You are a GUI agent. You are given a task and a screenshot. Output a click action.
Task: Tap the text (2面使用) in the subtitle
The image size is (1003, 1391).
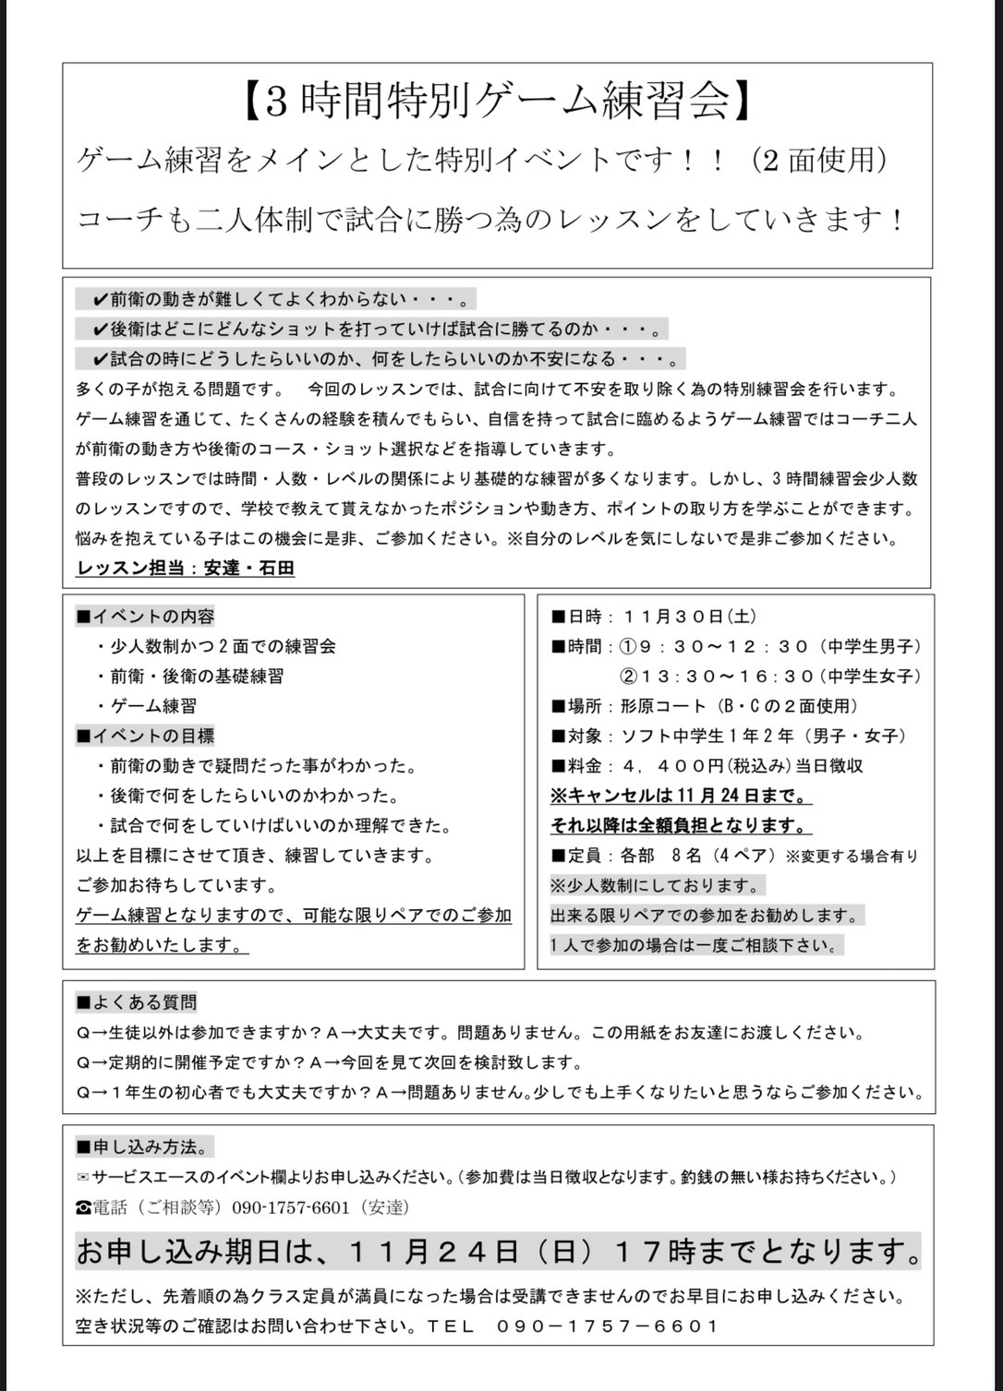(x=820, y=160)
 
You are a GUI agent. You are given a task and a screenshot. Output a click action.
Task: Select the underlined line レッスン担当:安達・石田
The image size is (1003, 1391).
(x=185, y=569)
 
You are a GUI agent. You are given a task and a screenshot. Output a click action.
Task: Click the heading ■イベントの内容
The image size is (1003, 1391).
(x=145, y=617)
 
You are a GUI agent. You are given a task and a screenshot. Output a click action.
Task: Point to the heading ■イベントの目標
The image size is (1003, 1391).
(x=145, y=736)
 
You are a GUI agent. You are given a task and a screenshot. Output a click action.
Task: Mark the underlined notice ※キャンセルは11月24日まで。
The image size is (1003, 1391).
(x=681, y=796)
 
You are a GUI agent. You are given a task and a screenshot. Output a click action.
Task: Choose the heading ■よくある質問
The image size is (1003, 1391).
(x=137, y=1002)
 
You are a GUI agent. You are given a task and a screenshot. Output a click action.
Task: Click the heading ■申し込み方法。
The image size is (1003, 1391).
(x=144, y=1147)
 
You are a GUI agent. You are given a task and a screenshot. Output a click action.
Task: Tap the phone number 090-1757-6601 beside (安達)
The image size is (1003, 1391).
(x=291, y=1207)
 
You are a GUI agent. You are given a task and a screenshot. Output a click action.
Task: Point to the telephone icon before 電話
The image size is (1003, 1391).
(x=83, y=1207)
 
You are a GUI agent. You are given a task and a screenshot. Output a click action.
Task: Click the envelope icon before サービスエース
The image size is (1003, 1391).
(x=83, y=1178)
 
